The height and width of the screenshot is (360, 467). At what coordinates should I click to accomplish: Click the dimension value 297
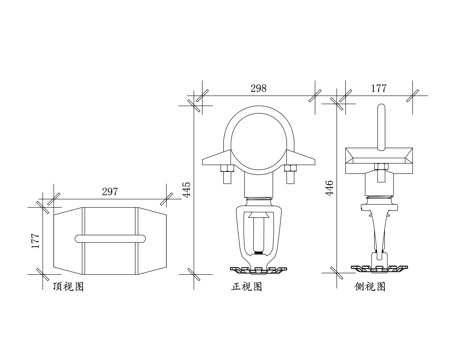coord(110,192)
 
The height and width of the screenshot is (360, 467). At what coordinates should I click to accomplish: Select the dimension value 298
coord(259,88)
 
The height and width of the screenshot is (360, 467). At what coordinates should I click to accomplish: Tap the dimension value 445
coord(187,189)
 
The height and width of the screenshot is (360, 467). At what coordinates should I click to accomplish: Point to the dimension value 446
coord(329,188)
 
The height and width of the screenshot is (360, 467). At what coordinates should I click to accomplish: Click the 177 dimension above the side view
coord(379,88)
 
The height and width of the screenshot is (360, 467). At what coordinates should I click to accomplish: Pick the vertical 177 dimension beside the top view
coord(35,241)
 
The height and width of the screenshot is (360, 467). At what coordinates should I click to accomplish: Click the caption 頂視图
coord(68,286)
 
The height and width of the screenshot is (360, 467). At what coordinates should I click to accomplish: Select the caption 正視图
coord(247,286)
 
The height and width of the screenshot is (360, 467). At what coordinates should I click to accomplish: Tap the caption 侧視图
coord(370,286)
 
